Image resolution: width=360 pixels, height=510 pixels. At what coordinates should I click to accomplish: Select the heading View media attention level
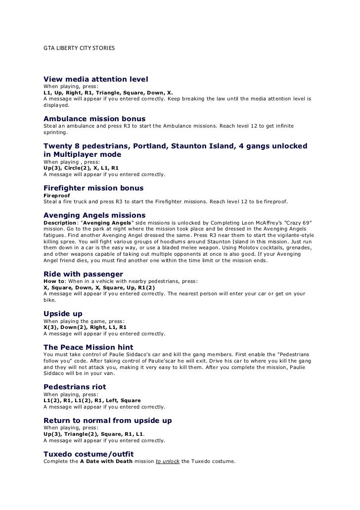point(96,79)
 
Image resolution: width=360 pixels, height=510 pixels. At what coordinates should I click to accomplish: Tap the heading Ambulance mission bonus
point(94,119)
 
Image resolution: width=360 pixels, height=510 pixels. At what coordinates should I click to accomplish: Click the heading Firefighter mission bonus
point(93,188)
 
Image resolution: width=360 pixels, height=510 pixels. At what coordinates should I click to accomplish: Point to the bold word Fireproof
point(56,195)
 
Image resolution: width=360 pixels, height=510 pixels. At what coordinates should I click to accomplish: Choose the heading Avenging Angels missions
point(94,215)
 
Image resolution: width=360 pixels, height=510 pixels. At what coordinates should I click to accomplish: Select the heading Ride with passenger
point(83,274)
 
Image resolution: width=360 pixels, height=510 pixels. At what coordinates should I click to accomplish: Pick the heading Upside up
point(63,314)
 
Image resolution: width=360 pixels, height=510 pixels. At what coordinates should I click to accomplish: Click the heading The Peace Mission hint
point(88,347)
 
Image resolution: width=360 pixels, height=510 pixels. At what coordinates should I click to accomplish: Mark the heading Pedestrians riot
point(75,386)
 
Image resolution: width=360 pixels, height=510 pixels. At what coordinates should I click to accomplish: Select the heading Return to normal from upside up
point(108,420)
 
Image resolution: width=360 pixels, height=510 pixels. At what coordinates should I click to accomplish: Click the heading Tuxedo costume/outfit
point(89,454)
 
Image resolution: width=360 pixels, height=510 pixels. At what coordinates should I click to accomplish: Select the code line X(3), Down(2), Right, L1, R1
point(85,327)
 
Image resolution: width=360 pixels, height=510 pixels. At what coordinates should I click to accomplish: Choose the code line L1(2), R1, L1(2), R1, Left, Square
point(92,400)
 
